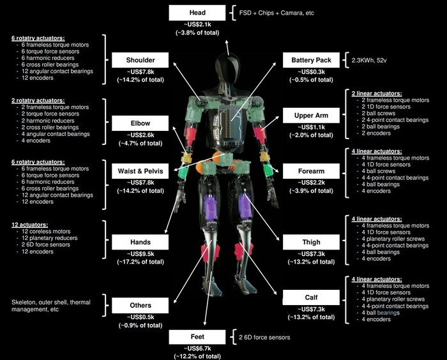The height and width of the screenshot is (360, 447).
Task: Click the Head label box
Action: (x=197, y=13)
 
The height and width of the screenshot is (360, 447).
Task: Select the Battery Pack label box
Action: (x=311, y=60)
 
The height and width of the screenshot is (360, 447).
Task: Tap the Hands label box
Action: (x=140, y=242)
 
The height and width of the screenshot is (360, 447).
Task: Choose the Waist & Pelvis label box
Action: (x=140, y=171)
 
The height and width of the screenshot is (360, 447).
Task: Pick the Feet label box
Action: (x=197, y=337)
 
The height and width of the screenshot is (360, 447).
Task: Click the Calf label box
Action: (x=311, y=297)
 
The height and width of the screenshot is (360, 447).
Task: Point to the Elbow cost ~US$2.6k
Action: (x=140, y=135)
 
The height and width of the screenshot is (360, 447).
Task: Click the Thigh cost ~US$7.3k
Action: (x=311, y=254)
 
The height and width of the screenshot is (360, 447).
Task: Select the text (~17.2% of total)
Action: (x=140, y=262)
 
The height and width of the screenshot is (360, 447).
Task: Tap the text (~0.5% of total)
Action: (x=311, y=80)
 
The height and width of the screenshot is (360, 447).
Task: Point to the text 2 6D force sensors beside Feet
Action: (x=264, y=338)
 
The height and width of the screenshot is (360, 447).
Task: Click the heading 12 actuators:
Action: (x=29, y=225)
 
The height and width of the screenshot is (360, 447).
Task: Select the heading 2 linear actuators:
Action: (x=377, y=93)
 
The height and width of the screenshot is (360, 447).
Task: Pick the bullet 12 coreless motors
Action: (x=46, y=232)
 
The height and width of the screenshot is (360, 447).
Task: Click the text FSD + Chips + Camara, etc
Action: (x=277, y=13)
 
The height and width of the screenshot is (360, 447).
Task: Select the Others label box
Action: (x=140, y=305)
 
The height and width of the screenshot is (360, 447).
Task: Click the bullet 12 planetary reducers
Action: (x=49, y=238)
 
